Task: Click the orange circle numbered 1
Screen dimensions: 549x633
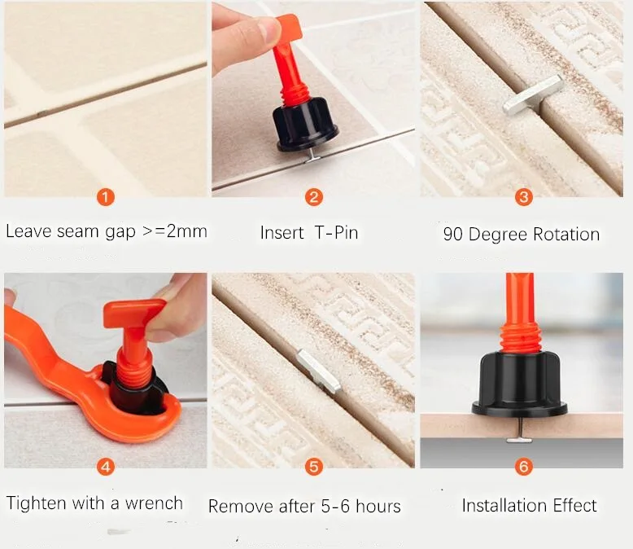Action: [105, 197]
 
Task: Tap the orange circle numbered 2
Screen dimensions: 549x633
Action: [314, 197]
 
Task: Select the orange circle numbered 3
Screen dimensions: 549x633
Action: [524, 197]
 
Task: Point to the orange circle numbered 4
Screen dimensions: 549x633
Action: [105, 467]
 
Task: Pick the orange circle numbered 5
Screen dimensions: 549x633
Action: [314, 467]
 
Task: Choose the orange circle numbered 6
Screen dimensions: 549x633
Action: [524, 467]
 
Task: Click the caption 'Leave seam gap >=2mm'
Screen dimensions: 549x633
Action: [106, 231]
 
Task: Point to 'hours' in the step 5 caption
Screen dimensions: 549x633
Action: [377, 507]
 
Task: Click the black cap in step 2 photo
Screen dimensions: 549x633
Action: [308, 127]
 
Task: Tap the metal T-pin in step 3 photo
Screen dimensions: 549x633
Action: [532, 94]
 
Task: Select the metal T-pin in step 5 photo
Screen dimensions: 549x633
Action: [317, 372]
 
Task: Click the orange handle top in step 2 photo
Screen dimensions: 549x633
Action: [289, 29]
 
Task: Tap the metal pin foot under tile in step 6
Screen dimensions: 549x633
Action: [519, 440]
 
